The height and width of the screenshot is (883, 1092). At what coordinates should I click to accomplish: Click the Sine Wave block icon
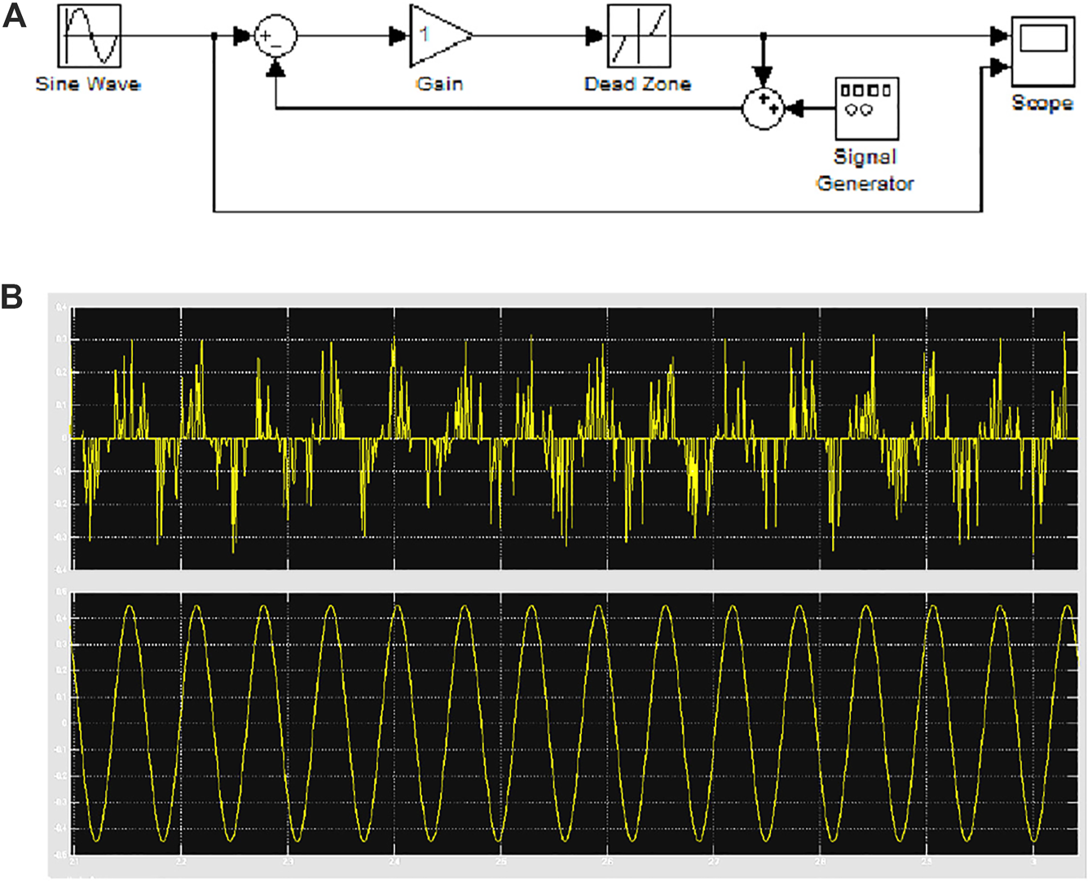pyautogui.click(x=90, y=37)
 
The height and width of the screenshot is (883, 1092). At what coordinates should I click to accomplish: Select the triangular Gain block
pyautogui.click(x=438, y=37)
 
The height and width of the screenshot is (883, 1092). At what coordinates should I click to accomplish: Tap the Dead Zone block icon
pyautogui.click(x=639, y=37)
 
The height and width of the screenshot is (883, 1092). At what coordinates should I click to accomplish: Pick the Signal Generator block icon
pyautogui.click(x=865, y=109)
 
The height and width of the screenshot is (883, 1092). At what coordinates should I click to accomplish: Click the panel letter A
pyautogui.click(x=15, y=16)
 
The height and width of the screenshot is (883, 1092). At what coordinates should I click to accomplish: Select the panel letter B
pyautogui.click(x=12, y=297)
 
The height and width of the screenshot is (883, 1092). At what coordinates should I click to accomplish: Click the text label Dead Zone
pyautogui.click(x=638, y=84)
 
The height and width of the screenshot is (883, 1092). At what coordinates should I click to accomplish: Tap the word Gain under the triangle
pyautogui.click(x=439, y=84)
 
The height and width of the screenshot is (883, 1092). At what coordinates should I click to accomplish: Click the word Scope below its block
pyautogui.click(x=1041, y=103)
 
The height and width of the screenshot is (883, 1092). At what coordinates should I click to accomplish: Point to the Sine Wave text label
pyautogui.click(x=88, y=84)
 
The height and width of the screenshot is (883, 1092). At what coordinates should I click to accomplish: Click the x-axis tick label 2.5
pyautogui.click(x=500, y=861)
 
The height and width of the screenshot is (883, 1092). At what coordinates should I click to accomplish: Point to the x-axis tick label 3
pyautogui.click(x=1033, y=861)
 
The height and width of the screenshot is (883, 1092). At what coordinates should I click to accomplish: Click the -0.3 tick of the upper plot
pyautogui.click(x=59, y=538)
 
